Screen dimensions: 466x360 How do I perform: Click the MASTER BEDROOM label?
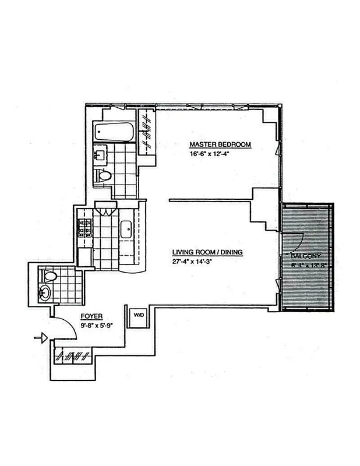220,144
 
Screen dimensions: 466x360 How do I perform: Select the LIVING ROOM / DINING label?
207,253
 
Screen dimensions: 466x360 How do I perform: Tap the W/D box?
138,315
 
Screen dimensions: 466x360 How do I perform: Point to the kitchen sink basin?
126,228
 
